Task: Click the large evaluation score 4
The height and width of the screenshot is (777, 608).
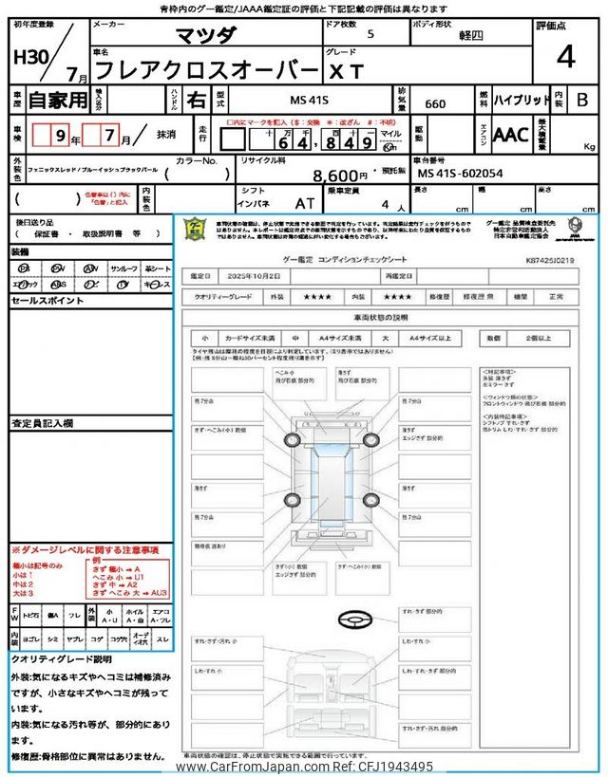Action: point(566,57)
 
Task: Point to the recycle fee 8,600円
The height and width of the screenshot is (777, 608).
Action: point(340,176)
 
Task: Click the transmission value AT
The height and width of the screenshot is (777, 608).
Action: point(305,203)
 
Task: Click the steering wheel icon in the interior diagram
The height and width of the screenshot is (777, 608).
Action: point(352,619)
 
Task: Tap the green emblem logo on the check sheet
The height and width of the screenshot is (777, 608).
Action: point(194,231)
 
